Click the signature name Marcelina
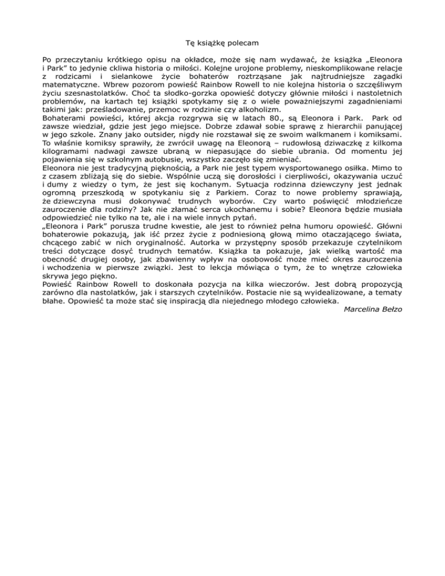point(363,309)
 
